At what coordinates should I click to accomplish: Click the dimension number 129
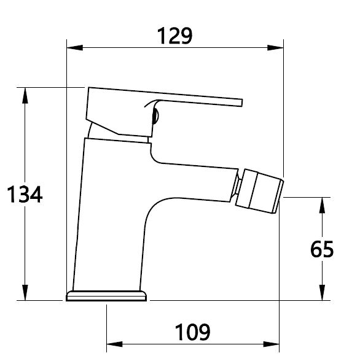pos(174,36)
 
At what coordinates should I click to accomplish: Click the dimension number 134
pos(25,194)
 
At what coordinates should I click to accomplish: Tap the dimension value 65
pos(322,249)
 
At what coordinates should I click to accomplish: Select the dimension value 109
pos(192,332)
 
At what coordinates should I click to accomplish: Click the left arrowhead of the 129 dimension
pos(74,48)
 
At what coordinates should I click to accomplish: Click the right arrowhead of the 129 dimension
pos(275,48)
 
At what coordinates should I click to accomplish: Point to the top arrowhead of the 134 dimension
pos(25,96)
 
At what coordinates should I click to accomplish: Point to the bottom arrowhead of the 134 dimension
pos(25,292)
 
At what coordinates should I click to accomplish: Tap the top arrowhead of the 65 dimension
pos(322,205)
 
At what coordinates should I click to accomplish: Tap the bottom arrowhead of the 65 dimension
pos(322,292)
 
